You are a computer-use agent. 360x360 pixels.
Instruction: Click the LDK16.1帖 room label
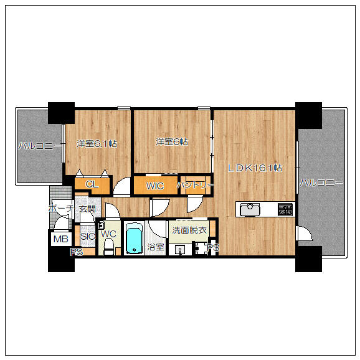[255, 168]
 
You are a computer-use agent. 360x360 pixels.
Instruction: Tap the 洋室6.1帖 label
[97, 144]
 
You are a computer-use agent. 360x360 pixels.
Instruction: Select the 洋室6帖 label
[172, 141]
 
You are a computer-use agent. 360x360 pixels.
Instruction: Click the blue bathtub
[135, 238]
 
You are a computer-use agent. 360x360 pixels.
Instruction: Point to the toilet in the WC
[108, 246]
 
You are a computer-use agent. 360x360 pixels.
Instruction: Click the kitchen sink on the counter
[250, 210]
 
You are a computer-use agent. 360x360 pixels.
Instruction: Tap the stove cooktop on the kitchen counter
[285, 209]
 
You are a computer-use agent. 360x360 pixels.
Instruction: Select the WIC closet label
[155, 186]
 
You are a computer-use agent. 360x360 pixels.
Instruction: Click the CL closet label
[92, 184]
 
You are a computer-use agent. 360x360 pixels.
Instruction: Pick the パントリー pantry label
[196, 185]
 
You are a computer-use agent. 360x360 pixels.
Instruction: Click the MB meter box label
[61, 239]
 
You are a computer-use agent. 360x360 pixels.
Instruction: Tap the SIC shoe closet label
[87, 236]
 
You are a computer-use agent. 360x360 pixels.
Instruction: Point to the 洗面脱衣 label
[189, 230]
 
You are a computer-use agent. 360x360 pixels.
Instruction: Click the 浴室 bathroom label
[156, 247]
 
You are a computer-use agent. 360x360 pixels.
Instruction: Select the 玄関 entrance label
[87, 209]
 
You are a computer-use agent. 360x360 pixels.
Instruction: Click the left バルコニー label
[40, 146]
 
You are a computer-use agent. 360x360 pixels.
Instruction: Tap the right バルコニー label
[321, 182]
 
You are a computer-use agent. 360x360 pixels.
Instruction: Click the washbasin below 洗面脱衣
[180, 249]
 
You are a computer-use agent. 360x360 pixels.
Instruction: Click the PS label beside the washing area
[213, 247]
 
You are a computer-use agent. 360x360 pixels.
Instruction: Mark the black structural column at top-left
[61, 113]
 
